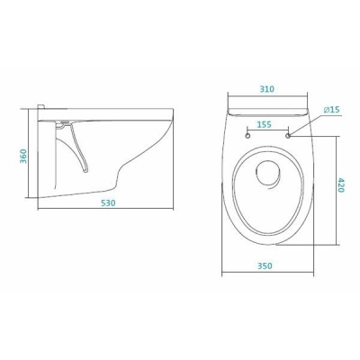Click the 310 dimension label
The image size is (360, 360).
point(267,89)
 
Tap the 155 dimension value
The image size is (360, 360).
point(265,124)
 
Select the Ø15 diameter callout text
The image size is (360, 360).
point(331,110)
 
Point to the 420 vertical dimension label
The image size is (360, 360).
point(341,185)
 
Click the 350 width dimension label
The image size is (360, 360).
point(265,265)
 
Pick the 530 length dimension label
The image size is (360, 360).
point(108,203)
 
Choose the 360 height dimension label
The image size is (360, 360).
point(23,156)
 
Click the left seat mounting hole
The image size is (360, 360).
point(248,136)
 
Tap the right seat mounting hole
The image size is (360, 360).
point(289,136)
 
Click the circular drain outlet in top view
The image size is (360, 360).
point(268,161)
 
